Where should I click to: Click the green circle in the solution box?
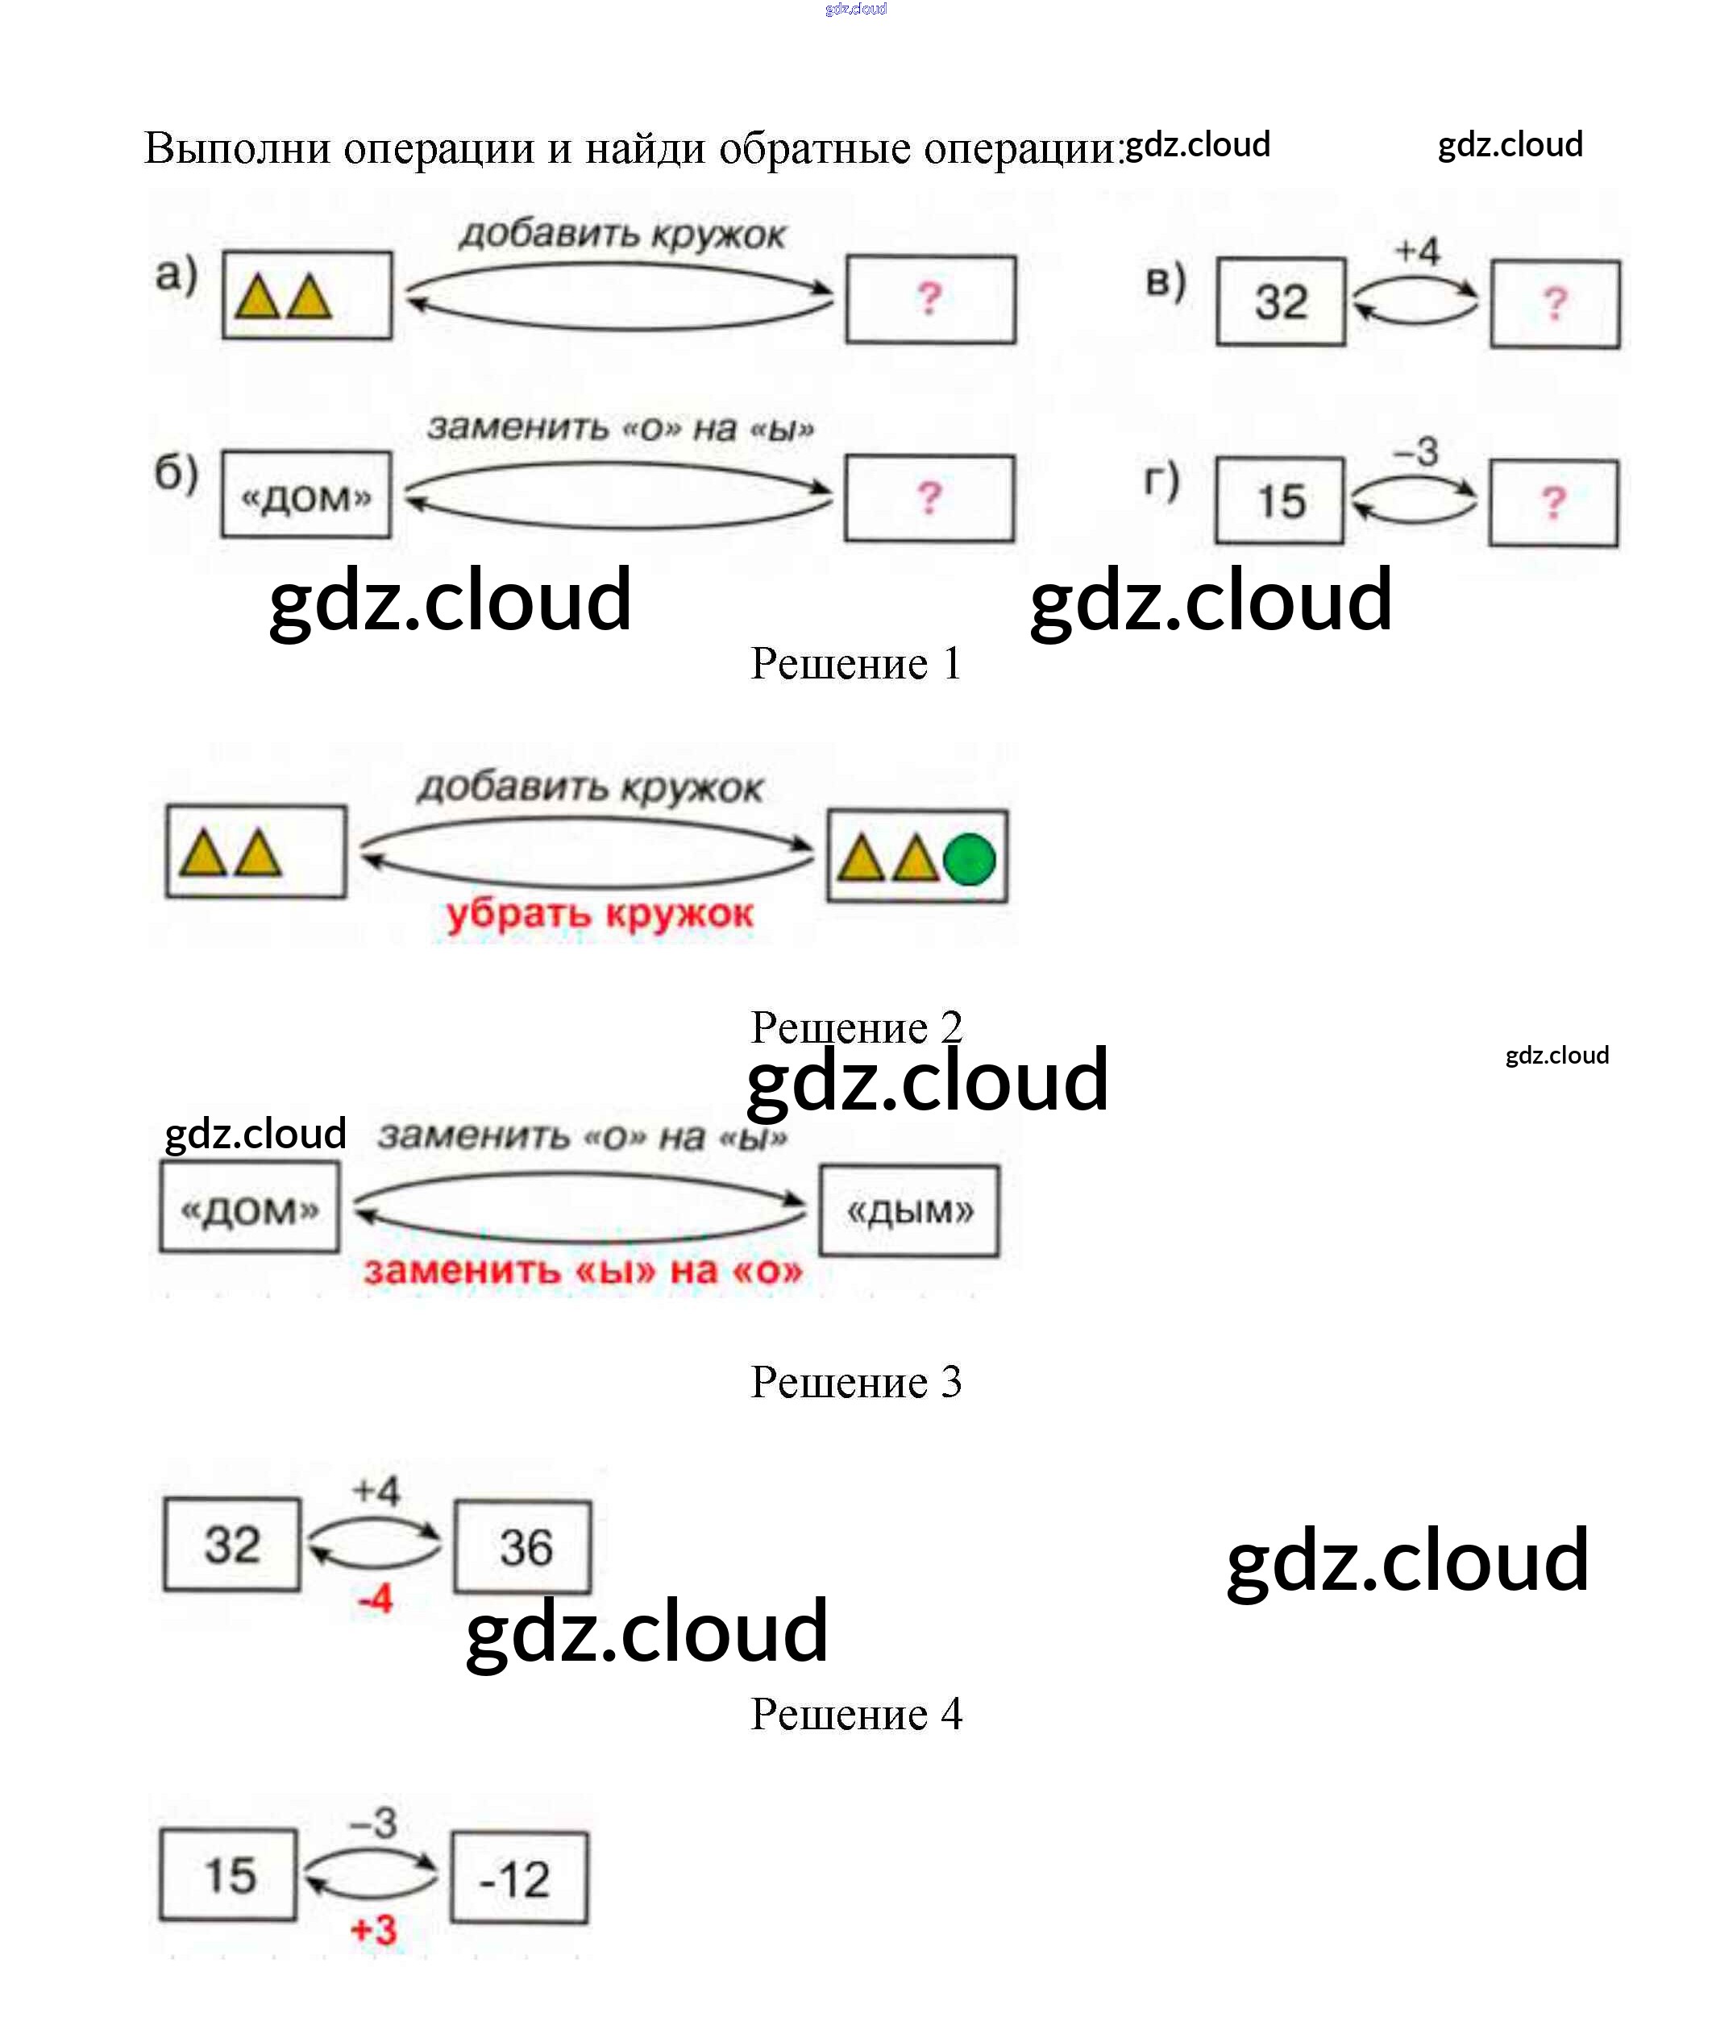[969, 860]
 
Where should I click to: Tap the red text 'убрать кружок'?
[599, 914]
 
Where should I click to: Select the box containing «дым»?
[909, 1211]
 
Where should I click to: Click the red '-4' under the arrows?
[376, 1597]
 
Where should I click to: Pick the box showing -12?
[519, 1879]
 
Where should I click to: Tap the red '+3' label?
[374, 1929]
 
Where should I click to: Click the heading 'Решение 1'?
[855, 665]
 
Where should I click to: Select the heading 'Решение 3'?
[855, 1382]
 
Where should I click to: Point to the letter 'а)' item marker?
[177, 276]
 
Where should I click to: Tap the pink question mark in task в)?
[1555, 305]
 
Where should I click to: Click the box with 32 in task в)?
[1281, 302]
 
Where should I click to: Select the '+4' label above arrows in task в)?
[1418, 251]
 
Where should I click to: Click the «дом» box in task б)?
[305, 495]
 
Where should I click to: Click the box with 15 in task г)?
[1280, 500]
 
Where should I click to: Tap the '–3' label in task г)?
[1416, 451]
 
